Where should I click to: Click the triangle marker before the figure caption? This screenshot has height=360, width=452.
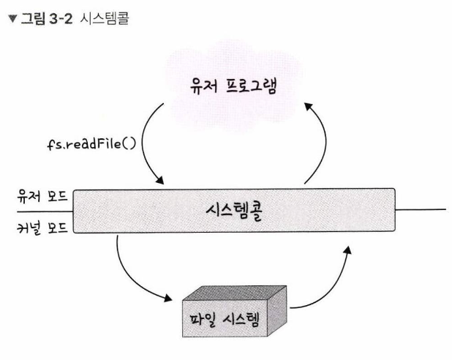(13, 19)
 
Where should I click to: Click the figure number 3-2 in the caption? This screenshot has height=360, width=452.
(61, 19)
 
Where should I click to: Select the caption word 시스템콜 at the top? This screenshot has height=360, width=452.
(105, 19)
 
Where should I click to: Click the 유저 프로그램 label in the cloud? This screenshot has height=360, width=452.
(233, 86)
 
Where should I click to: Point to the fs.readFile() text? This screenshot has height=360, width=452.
(91, 144)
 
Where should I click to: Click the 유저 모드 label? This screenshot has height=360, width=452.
(42, 196)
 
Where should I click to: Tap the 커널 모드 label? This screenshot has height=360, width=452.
(42, 228)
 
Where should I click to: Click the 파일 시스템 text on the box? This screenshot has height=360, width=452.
(225, 319)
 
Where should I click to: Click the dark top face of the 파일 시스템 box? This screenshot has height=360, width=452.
(235, 293)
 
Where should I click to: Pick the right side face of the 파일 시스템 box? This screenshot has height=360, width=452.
(277, 311)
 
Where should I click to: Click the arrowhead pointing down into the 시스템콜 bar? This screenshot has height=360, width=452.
(159, 180)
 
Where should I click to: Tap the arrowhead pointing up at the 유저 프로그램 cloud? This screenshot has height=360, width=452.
(309, 107)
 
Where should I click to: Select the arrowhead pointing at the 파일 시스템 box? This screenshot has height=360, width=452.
(167, 298)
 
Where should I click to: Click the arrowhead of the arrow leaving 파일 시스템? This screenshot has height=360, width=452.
(347, 250)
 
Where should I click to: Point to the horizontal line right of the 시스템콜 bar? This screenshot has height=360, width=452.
(421, 210)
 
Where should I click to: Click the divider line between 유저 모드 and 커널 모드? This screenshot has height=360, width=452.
(45, 211)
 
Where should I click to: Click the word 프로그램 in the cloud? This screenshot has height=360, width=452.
(251, 86)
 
